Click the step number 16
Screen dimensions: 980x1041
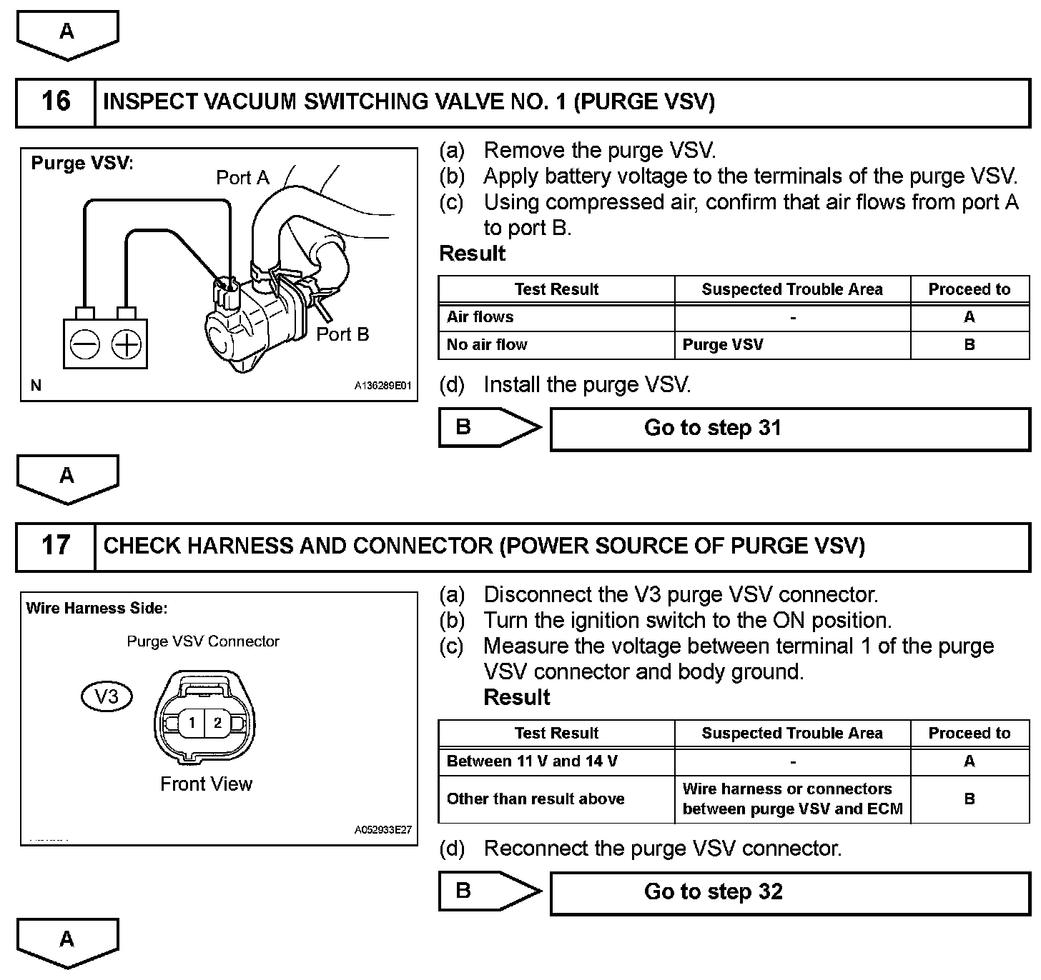pos(56,101)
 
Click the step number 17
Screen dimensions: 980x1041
pos(56,546)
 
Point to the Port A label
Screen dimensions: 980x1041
pos(242,178)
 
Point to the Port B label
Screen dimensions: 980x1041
pos(342,334)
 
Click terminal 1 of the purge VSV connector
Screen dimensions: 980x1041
pos(191,723)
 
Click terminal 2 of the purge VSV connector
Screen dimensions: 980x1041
pos(217,723)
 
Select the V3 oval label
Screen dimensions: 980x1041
pos(107,696)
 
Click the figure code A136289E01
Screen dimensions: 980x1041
pos(383,386)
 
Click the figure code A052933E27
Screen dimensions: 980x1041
pos(383,831)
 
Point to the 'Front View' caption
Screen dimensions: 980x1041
pos(206,784)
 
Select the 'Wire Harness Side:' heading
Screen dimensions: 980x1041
pos(97,609)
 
